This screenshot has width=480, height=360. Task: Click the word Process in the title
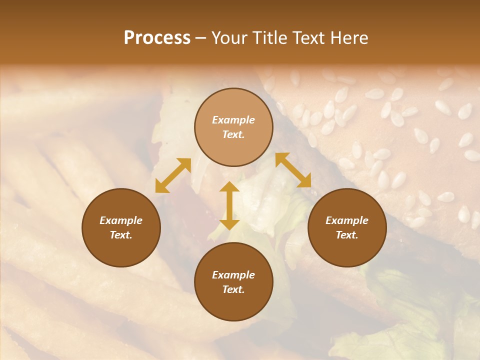(x=157, y=38)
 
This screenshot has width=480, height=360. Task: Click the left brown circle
(x=121, y=227)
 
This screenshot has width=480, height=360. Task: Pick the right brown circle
(x=347, y=227)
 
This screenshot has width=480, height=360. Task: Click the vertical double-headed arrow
(x=229, y=205)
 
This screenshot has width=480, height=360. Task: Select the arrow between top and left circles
(x=173, y=175)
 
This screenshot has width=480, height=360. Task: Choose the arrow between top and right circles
(x=293, y=170)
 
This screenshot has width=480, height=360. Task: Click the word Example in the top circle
(x=233, y=120)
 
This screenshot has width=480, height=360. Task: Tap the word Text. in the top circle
(x=233, y=134)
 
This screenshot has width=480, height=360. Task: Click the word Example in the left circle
(x=121, y=220)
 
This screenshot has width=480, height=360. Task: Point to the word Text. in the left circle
(x=121, y=235)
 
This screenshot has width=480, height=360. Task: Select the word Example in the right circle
(x=347, y=220)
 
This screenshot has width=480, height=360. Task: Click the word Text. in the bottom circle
(x=233, y=289)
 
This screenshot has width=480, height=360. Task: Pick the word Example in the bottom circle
(x=233, y=275)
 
